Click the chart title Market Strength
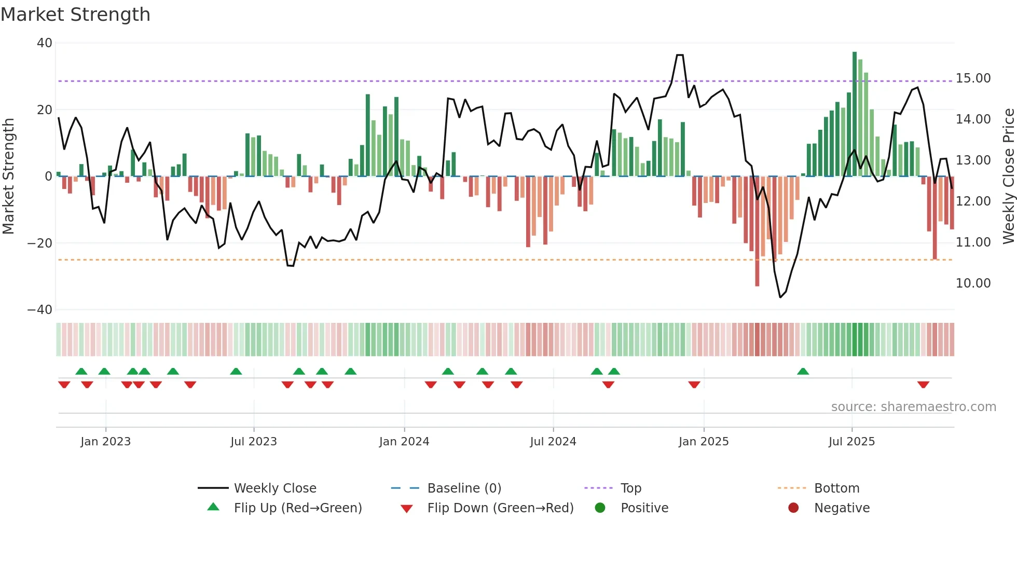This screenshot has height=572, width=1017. point(75,15)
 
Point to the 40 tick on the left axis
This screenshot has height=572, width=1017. point(45,43)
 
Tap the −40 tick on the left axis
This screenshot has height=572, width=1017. point(40,310)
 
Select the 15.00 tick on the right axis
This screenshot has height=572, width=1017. point(973,78)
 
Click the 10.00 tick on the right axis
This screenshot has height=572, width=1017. point(973,283)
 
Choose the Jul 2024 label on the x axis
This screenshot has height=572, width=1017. point(553,442)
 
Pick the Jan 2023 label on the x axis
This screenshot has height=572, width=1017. point(105,442)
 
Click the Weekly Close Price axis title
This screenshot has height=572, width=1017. point(1008,176)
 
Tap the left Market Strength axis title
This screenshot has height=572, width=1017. point(8,176)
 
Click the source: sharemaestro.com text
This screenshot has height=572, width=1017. point(913,407)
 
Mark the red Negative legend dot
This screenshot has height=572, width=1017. point(793,508)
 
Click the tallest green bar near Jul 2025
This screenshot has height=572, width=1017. point(855,114)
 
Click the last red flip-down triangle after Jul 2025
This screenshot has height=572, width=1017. point(923,385)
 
